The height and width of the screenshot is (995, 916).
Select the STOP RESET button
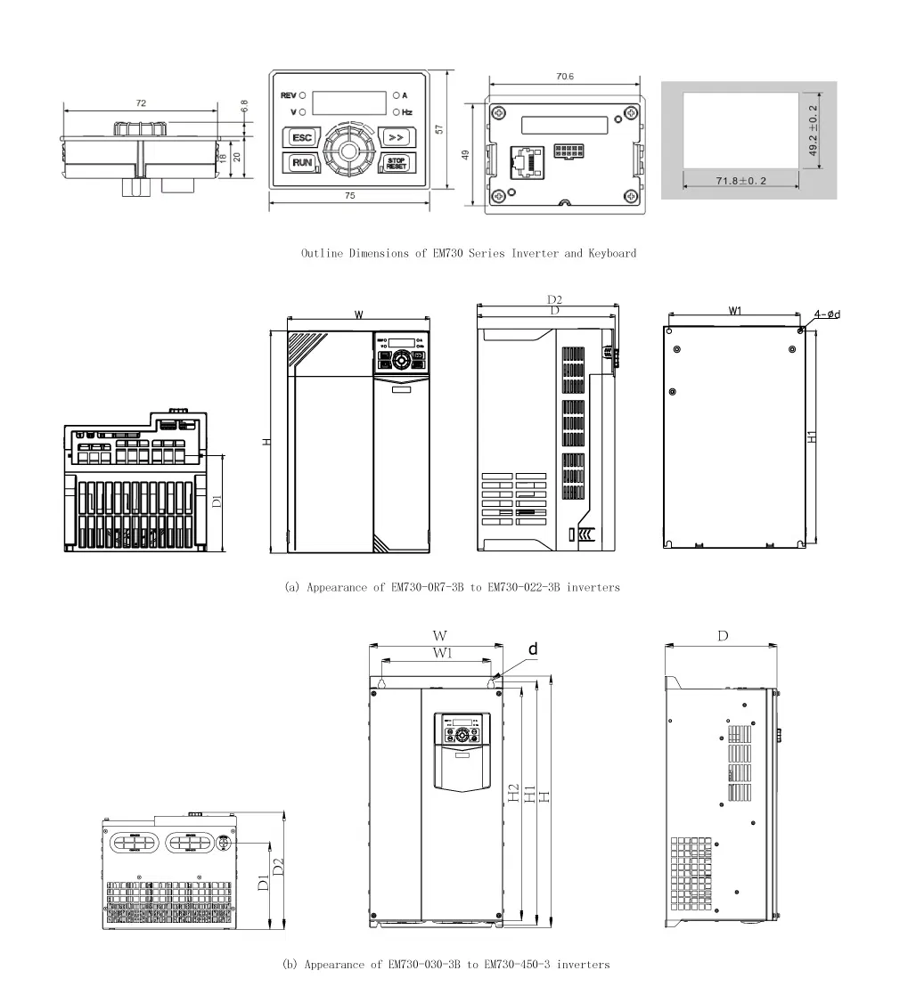(x=395, y=163)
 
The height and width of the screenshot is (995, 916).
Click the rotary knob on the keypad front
(x=348, y=150)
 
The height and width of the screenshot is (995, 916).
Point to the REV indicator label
(x=288, y=94)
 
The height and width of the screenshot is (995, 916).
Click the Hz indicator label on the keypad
(x=406, y=112)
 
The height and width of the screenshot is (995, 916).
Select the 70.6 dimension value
(x=564, y=77)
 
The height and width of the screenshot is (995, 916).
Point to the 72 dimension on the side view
(x=141, y=104)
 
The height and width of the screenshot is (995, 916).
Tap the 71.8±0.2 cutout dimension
(x=741, y=181)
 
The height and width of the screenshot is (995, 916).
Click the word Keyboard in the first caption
(x=612, y=254)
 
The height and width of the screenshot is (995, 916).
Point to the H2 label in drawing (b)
(x=514, y=793)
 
